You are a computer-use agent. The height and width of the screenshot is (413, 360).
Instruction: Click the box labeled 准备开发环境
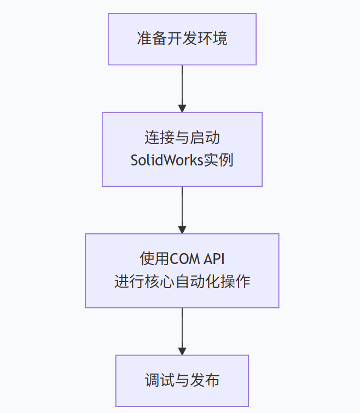click(182, 39)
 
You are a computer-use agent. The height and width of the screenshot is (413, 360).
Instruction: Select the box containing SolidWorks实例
click(182, 149)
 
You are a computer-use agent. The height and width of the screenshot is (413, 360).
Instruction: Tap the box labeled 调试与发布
click(182, 380)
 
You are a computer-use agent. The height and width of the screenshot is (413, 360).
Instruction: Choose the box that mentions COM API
click(182, 271)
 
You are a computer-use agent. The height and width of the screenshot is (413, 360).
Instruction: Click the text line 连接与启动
click(182, 137)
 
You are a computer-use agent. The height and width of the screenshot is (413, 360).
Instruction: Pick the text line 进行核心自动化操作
click(182, 282)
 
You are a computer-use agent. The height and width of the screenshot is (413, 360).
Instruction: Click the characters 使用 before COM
click(155, 259)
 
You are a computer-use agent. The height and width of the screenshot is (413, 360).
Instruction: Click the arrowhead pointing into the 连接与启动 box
click(182, 108)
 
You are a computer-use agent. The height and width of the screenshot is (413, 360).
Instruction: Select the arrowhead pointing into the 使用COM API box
click(182, 230)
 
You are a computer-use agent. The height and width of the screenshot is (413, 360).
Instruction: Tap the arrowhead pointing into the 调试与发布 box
click(182, 351)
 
